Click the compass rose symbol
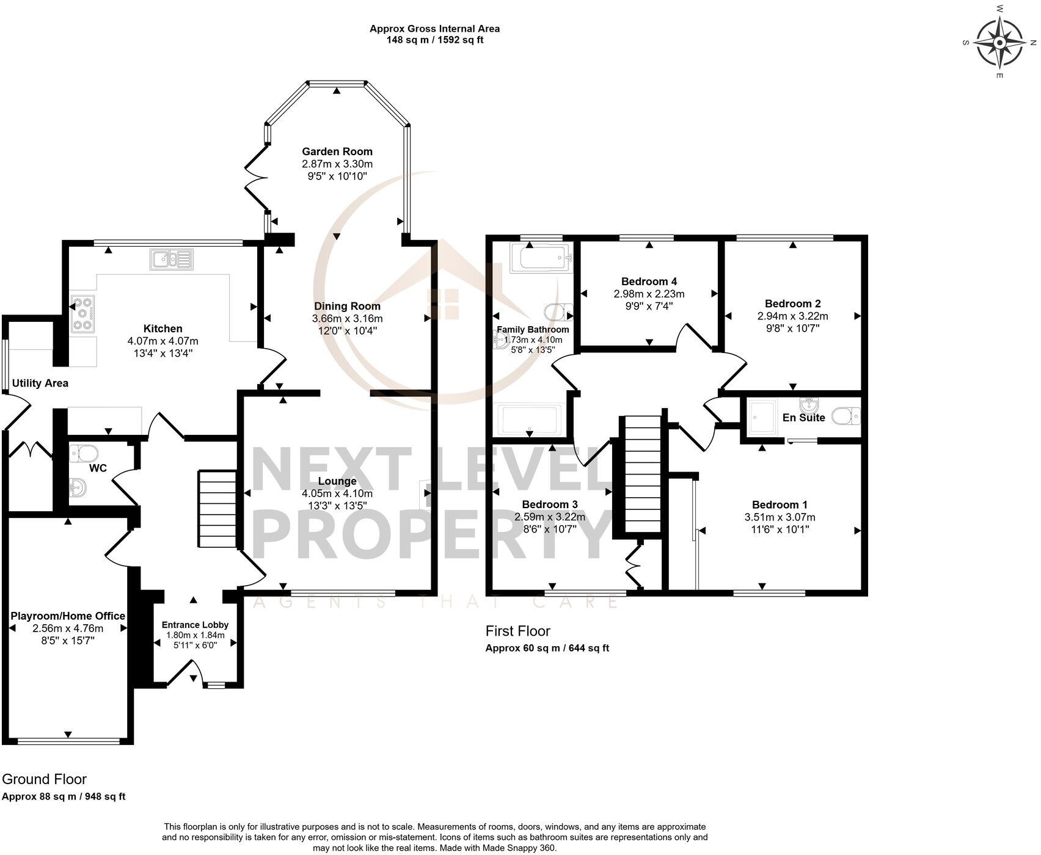[999, 43]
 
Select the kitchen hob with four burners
[83, 314]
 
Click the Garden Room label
[337, 151]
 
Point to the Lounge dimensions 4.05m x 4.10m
[337, 493]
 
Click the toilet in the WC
[84, 454]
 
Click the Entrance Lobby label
[195, 625]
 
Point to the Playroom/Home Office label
[68, 616]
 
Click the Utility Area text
[40, 384]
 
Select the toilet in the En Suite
[847, 416]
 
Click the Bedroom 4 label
[649, 282]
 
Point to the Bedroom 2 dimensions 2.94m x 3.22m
[792, 316]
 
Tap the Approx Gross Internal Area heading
[434, 29]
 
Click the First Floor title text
[517, 631]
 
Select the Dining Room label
[347, 306]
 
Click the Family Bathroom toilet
[558, 311]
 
